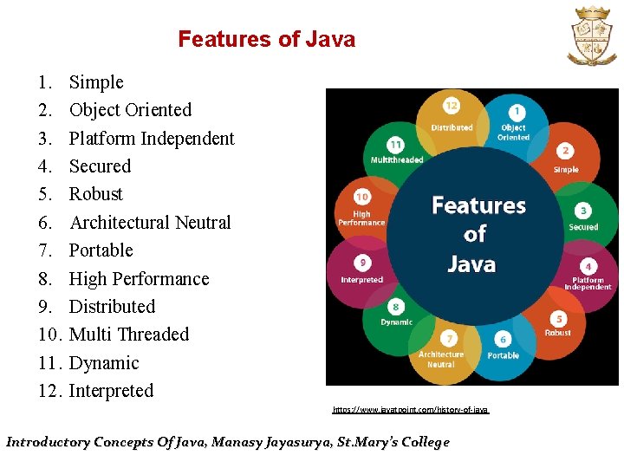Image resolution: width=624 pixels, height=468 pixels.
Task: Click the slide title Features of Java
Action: click(266, 39)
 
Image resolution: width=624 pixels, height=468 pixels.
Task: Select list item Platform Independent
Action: click(152, 139)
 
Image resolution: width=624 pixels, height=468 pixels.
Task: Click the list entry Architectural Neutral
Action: click(150, 223)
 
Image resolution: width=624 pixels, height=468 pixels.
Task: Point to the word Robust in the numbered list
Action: click(96, 194)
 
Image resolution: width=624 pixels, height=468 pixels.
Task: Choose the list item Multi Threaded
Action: click(129, 335)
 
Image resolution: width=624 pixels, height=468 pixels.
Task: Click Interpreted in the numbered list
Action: click(111, 391)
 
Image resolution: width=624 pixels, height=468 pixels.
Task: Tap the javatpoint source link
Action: click(411, 408)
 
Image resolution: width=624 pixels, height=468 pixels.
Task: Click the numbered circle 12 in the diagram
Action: click(452, 106)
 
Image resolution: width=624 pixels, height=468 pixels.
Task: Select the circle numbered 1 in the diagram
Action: click(517, 112)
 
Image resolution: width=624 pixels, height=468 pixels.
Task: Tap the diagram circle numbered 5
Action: click(558, 319)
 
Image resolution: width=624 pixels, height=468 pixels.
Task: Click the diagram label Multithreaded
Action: click(397, 159)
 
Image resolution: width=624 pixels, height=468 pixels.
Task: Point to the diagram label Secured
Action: click(583, 227)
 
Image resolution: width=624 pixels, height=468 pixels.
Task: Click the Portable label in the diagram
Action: click(503, 355)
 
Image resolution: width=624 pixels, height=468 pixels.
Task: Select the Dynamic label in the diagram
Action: click(397, 322)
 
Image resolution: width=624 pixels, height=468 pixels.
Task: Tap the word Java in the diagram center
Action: click(471, 263)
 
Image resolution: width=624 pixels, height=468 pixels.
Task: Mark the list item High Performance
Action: click(139, 279)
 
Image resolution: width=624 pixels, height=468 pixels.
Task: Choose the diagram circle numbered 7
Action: click(449, 338)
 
